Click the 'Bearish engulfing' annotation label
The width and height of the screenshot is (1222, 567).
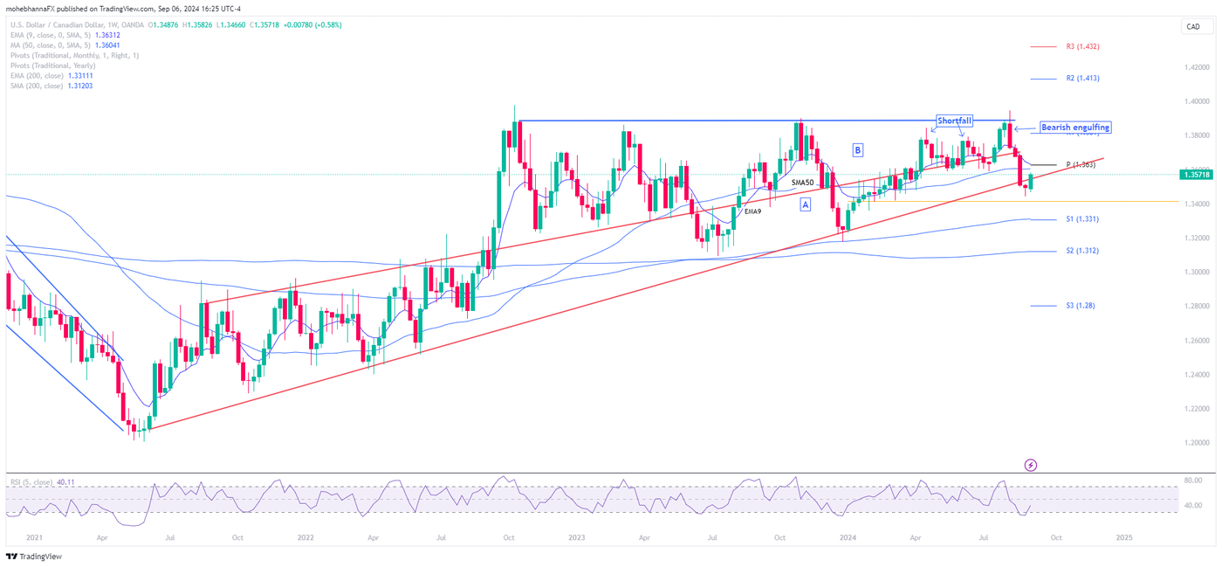(1074, 128)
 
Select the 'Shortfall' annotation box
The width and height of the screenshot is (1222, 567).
(954, 121)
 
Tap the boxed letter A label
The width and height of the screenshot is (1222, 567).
(805, 204)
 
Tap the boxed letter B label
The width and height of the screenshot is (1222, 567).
(857, 150)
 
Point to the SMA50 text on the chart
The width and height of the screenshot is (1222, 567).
(802, 183)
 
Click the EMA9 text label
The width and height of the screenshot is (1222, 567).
(753, 212)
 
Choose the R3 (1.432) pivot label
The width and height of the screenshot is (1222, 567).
(1082, 46)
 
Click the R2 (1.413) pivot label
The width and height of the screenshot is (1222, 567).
(1082, 78)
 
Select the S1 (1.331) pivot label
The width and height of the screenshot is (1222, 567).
(1081, 219)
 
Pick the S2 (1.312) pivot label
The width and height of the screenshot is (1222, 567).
(1081, 251)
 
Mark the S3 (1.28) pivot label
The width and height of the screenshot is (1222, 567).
(1080, 306)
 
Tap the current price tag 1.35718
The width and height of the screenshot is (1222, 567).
(1196, 175)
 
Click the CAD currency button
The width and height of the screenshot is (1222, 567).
(1192, 27)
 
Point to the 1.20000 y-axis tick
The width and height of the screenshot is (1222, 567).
(1196, 443)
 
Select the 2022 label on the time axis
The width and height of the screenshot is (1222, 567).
(305, 538)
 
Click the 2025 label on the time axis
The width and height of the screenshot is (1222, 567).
(1123, 538)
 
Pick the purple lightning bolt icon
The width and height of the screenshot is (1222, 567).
(1030, 466)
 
